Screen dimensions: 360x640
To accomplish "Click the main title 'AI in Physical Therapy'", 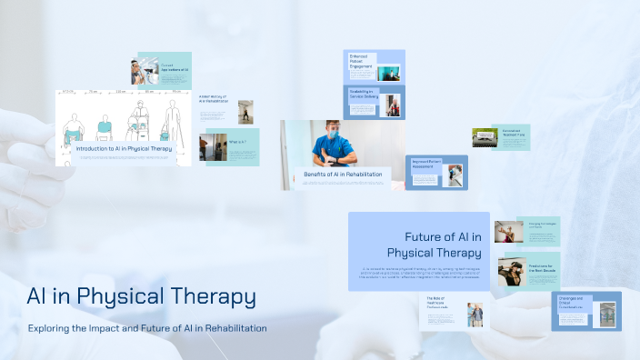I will click(141, 296).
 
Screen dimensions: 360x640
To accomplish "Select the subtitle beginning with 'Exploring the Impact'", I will click(147, 328).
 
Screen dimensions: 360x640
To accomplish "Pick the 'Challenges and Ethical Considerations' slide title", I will click(573, 302).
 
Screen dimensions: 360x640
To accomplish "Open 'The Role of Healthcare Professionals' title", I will click(437, 304).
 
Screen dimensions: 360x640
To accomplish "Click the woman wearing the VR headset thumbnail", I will click(510, 268).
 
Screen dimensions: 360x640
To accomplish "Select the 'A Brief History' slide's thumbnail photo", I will click(245, 112).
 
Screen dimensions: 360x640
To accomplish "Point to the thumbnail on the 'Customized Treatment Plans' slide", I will click(483, 137).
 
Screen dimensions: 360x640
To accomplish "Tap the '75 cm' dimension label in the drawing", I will click(94, 93).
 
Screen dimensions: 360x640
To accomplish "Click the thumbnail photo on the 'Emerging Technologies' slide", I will click(509, 231).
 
